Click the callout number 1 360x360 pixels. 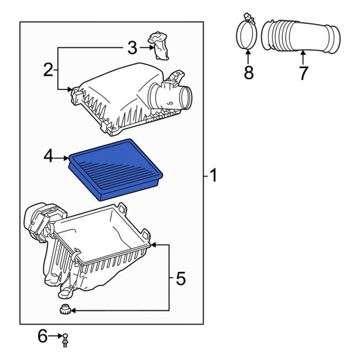pos(213,176)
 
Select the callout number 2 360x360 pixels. pos(48,70)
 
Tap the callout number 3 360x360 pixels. pos(132,47)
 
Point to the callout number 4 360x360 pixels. pos(49,158)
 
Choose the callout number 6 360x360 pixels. pos(43,337)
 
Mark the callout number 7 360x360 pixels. pos(303,73)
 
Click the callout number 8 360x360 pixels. pos(248,73)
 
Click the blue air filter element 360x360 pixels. pos(118,168)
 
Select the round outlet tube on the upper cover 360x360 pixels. pos(179,96)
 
